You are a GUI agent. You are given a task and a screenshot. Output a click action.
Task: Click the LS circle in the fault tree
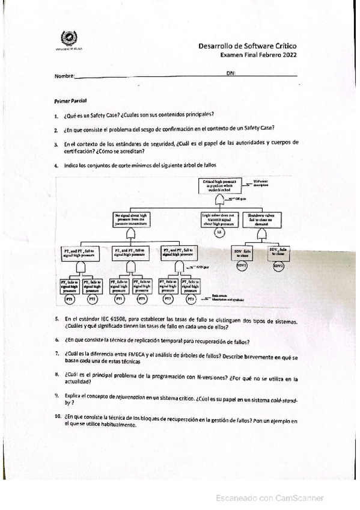tap(219, 232)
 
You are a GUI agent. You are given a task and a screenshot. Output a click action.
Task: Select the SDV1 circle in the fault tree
tap(242, 265)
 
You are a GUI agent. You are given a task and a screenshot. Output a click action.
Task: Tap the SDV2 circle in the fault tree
tap(278, 265)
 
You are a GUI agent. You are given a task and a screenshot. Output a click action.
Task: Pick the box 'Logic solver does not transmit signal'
tap(219, 219)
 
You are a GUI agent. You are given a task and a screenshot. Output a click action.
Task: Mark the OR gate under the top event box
tap(219, 198)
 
